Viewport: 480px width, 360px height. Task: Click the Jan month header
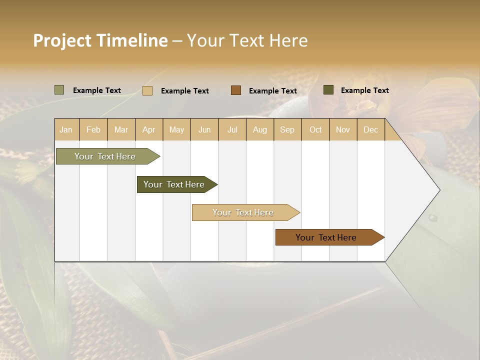pyautogui.click(x=66, y=129)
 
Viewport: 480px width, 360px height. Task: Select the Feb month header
pyautogui.click(x=93, y=129)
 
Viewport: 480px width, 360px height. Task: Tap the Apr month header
pyautogui.click(x=148, y=129)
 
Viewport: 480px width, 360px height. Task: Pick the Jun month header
pyautogui.click(x=204, y=129)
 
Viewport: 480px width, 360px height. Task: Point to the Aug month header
pyautogui.click(x=259, y=129)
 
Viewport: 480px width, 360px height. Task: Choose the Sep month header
pyautogui.click(x=287, y=129)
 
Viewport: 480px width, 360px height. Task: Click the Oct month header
pyautogui.click(x=315, y=129)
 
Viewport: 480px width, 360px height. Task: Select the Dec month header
pyautogui.click(x=370, y=129)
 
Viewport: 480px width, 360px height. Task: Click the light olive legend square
pyautogui.click(x=59, y=90)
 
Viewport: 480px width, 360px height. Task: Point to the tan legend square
pyautogui.click(x=147, y=90)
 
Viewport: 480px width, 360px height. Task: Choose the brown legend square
pyautogui.click(x=236, y=90)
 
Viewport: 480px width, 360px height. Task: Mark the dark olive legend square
pyautogui.click(x=328, y=90)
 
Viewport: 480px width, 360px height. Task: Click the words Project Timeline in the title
pyautogui.click(x=100, y=40)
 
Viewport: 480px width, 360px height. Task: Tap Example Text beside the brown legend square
pyautogui.click(x=272, y=91)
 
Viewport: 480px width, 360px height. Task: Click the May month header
pyautogui.click(x=176, y=129)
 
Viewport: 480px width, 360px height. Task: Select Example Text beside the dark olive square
pyautogui.click(x=364, y=90)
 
